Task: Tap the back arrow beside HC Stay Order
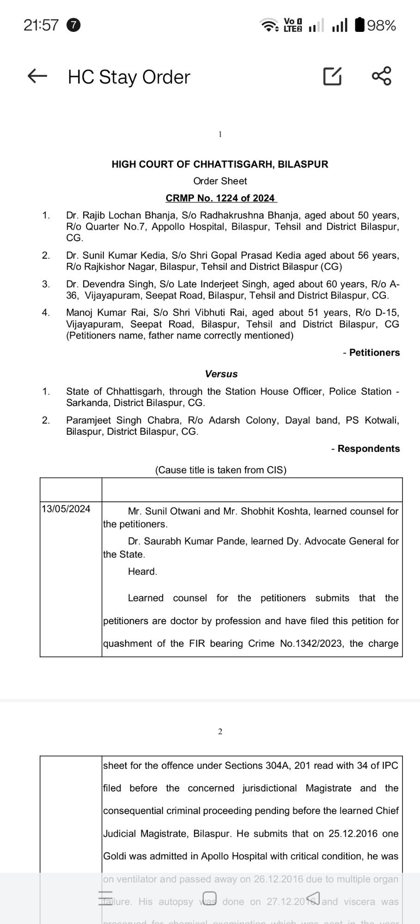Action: (x=37, y=76)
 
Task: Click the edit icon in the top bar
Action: (x=332, y=76)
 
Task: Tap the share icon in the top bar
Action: (x=382, y=76)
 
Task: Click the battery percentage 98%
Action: (x=381, y=25)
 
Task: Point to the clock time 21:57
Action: (x=41, y=25)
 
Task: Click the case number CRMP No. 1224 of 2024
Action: (x=220, y=198)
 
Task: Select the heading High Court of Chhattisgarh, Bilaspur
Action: (x=220, y=164)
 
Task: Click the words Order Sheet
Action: (x=220, y=181)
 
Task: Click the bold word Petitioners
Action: (x=374, y=353)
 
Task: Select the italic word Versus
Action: (x=221, y=374)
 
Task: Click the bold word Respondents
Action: (x=368, y=449)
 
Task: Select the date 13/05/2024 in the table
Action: (x=66, y=509)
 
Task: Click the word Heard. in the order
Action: (x=143, y=571)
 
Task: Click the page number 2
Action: (x=220, y=731)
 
